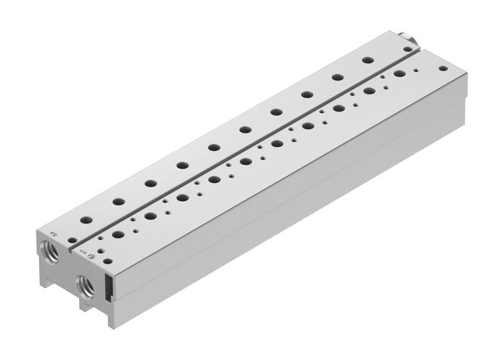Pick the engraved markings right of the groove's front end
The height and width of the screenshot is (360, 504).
81,251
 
